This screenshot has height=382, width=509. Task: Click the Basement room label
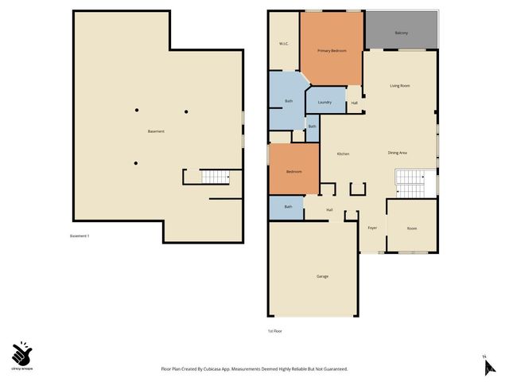pos(156,131)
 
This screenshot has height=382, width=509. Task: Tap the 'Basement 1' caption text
pos(80,236)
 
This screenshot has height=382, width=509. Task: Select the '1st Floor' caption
pos(274,330)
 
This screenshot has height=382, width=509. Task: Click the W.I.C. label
pos(282,43)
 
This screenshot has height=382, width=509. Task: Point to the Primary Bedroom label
pos(332,51)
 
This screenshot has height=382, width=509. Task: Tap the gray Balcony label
pos(401,33)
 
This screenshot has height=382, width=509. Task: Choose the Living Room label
pos(399,85)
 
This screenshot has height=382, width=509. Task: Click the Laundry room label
pos(324,102)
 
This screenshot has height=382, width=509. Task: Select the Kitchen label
pos(343,154)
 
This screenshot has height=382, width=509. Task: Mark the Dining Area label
pos(398,153)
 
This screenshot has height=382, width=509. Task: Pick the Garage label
pos(322,276)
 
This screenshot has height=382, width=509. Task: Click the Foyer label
pos(371,228)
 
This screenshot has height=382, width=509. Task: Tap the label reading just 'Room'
pos(412,228)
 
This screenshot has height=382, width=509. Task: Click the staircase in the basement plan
pos(213,177)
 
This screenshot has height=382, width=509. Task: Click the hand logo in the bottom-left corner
pos(22,353)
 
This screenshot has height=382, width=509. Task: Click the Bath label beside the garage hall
pos(288,207)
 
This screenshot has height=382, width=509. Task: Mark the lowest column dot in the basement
pos(136,163)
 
